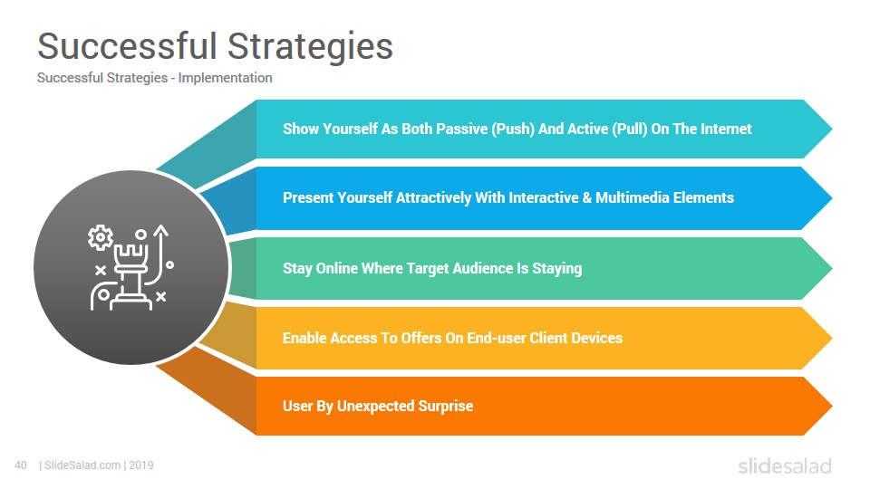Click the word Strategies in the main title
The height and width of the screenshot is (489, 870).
[310, 46]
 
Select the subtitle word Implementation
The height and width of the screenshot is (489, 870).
[226, 78]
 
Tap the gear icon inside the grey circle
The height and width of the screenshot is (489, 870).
[101, 238]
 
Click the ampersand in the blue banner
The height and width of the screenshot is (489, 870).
[587, 198]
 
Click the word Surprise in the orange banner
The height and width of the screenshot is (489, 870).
[446, 407]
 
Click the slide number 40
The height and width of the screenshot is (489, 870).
[21, 465]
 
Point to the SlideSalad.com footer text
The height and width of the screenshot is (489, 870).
[82, 465]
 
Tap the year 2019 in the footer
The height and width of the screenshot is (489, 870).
[141, 465]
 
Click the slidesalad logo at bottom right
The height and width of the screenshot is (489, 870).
[785, 466]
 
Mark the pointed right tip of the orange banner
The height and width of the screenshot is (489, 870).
[832, 406]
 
